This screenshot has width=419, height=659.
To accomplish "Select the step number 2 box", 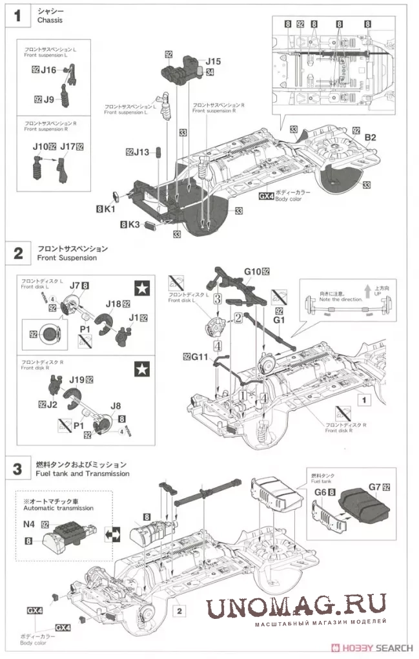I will coord(17,253).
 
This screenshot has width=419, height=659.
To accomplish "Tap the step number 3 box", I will coord(17,469).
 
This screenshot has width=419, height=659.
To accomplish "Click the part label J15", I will coord(213,61).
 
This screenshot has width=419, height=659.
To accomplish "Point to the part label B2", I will coord(370,137).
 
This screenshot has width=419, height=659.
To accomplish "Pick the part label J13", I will coord(142,152).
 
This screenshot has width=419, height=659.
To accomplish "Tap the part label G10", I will coord(252,272).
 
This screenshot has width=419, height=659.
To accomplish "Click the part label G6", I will coord(320,492).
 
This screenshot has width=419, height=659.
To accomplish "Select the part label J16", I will coord(48,70).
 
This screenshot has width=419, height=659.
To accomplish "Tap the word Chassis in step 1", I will coord(50,21).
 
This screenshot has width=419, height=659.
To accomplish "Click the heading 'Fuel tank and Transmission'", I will coord(83,474).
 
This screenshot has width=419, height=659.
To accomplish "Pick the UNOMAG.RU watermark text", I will coord(296,605).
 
